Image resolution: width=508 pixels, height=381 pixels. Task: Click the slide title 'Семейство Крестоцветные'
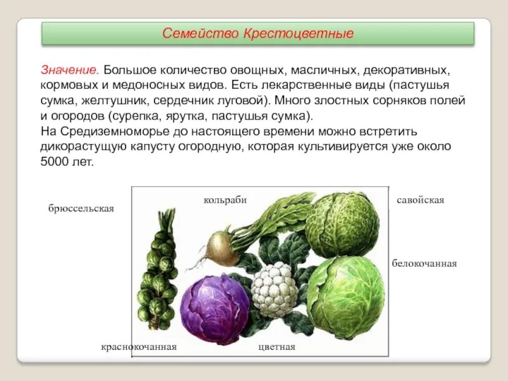point(258,32)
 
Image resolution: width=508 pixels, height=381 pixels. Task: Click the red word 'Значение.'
point(69,68)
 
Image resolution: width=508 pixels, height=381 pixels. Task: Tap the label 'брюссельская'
point(81,209)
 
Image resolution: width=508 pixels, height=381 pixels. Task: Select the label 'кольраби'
point(225,199)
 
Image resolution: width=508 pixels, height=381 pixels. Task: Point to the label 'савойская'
point(420,200)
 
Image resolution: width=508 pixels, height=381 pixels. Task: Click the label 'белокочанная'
point(424,263)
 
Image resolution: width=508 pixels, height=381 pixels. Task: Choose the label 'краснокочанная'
point(138,347)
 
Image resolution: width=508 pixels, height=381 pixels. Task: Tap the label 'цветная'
point(276,347)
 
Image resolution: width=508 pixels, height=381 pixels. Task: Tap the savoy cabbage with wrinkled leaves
point(342,216)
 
